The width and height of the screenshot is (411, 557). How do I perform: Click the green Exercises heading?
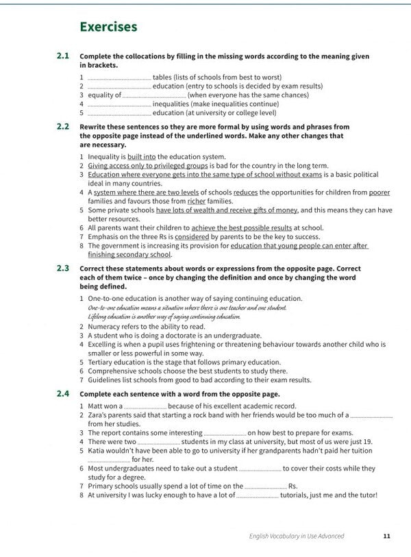pyautogui.click(x=108, y=27)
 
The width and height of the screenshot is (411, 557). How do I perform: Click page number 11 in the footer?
pyautogui.click(x=387, y=536)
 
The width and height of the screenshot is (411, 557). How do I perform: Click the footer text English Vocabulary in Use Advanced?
pyautogui.click(x=297, y=536)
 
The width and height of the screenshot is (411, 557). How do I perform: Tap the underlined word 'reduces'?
pyautogui.click(x=245, y=193)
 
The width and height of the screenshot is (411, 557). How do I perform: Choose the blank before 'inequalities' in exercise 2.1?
pyautogui.click(x=119, y=104)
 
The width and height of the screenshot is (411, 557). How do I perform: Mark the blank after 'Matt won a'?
pyautogui.click(x=145, y=406)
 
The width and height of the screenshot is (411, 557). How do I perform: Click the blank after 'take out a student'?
pyautogui.click(x=260, y=469)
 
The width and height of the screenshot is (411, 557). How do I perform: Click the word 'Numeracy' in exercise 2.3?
pyautogui.click(x=105, y=327)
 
